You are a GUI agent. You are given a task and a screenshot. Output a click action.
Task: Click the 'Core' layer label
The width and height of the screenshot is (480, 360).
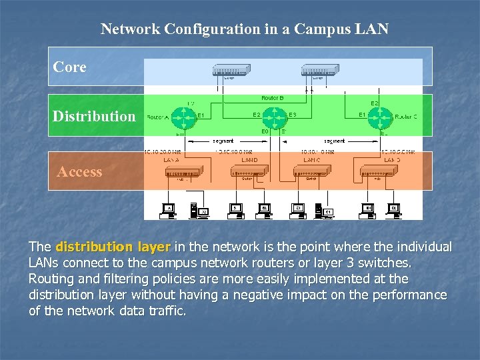click(70, 67)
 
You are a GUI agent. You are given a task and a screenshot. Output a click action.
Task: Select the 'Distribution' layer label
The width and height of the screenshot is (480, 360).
click(94, 116)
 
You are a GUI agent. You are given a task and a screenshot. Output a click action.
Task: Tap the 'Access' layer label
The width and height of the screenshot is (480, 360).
click(79, 172)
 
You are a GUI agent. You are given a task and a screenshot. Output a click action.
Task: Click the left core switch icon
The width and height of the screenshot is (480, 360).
click(231, 70)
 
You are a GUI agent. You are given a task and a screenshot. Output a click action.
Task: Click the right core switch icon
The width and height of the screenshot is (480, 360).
click(321, 70)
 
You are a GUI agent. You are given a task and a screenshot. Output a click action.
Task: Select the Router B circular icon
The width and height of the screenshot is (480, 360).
click(273, 118)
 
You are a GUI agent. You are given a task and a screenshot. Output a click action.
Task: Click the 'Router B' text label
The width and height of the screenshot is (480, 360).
click(273, 98)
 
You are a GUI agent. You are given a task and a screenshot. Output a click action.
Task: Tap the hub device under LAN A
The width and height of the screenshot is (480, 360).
click(183, 173)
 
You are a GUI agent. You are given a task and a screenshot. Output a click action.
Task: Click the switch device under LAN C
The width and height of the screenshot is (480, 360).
click(312, 173)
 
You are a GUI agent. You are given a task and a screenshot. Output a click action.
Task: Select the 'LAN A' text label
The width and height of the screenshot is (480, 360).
click(172, 159)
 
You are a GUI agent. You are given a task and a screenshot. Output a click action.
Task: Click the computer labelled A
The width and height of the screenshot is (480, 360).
click(169, 210)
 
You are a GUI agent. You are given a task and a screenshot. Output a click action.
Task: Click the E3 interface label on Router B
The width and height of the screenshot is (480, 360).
click(293, 115)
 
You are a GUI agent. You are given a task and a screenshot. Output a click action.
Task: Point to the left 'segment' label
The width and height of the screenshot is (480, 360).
click(223, 141)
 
